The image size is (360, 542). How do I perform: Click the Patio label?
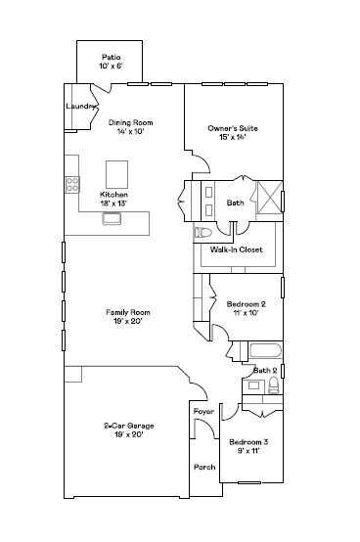pyautogui.click(x=111, y=57)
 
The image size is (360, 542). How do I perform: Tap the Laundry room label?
pyautogui.click(x=79, y=106)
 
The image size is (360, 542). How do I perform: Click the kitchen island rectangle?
pyautogui.click(x=117, y=174)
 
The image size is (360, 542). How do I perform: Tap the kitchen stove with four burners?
pyautogui.click(x=72, y=183)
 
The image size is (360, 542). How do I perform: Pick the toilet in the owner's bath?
pyautogui.click(x=203, y=233)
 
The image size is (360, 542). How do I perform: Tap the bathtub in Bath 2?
pyautogui.click(x=263, y=352)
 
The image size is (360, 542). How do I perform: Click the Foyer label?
pyautogui.click(x=203, y=412)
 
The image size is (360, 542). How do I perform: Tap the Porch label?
pyautogui.click(x=203, y=467)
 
